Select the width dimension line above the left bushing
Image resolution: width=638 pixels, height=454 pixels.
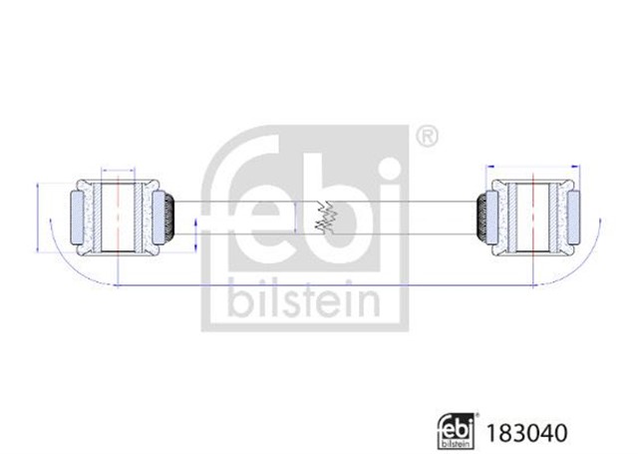coord(119,171)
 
